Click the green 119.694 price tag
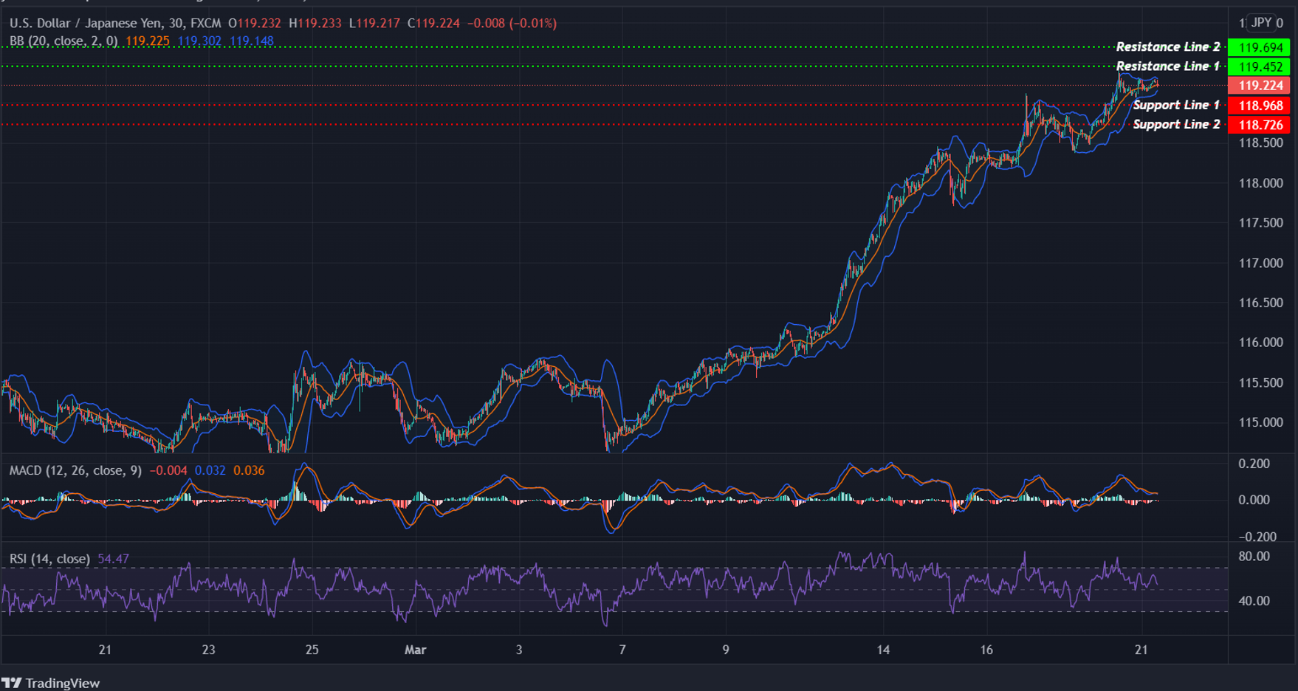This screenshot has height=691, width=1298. coord(1260,47)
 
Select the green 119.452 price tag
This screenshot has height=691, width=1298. coord(1260,66)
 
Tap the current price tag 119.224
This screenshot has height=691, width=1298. coord(1260,86)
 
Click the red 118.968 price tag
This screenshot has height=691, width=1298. coord(1260,106)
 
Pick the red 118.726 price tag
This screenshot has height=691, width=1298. coord(1260,125)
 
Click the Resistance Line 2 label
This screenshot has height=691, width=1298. coord(1167,47)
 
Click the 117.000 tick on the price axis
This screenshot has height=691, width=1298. coord(1260,263)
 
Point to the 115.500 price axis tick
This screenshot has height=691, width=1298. coord(1260,382)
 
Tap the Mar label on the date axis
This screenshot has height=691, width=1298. coord(415,650)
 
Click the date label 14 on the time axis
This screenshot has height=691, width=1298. coord(883,650)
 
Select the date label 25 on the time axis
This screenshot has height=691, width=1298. coord(312,650)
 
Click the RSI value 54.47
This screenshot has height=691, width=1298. coord(113,559)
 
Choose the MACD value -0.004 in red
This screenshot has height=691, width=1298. coord(168,470)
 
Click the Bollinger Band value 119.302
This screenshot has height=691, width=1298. coord(199,41)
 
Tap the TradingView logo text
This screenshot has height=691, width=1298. coord(62,683)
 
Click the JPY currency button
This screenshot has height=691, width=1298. coord(1261,23)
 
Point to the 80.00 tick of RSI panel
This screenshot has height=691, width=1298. coord(1254,556)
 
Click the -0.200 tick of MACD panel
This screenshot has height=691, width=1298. coord(1254,537)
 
